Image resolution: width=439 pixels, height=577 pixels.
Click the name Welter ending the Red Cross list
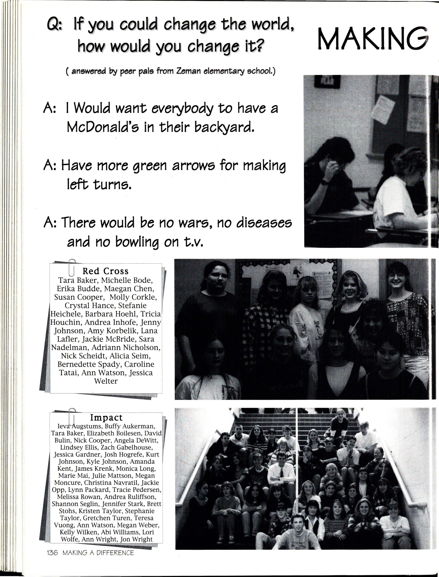point(106,381)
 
